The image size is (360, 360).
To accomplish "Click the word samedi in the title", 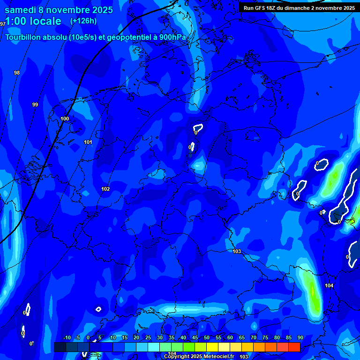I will [x=20, y=10].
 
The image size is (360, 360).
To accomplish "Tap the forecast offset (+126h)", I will [x=83, y=21].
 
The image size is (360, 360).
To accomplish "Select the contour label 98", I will [x=17, y=73].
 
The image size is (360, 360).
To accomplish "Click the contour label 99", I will [x=35, y=105].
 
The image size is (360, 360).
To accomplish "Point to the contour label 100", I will [x=65, y=119].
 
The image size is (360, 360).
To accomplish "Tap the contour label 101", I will [x=88, y=142].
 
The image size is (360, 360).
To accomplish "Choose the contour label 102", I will [x=105, y=189].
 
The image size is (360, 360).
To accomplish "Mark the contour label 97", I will [x=3, y=23].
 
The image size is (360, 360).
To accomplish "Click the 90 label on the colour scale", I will [x=300, y=337].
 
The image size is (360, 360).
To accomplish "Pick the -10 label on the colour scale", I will [x=67, y=337].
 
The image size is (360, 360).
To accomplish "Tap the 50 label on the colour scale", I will [x=207, y=337].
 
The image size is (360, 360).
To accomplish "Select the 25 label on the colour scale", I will [x=148, y=337].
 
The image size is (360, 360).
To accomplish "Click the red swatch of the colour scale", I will [x=294, y=347].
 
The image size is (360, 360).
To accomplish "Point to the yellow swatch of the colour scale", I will [x=212, y=347].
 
